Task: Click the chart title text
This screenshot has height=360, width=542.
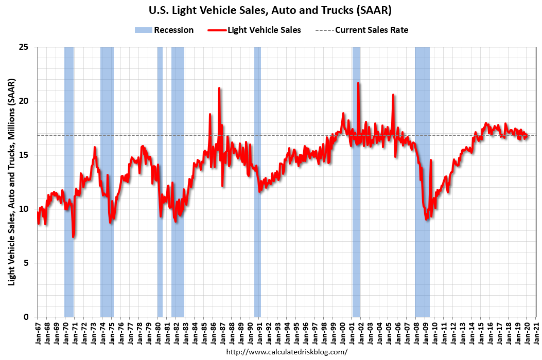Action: click(270, 10)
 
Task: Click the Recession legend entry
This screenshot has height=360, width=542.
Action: click(164, 30)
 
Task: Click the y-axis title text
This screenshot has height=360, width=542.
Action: click(11, 183)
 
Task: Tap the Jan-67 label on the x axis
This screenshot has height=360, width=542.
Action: click(37, 333)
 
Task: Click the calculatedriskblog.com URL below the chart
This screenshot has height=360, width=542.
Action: click(287, 352)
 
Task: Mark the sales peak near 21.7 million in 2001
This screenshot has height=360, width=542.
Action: click(358, 83)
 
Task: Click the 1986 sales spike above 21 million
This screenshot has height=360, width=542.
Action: click(219, 88)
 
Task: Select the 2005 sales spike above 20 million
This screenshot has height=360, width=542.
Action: click(393, 95)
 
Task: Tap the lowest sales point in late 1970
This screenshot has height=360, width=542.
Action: click(74, 237)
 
